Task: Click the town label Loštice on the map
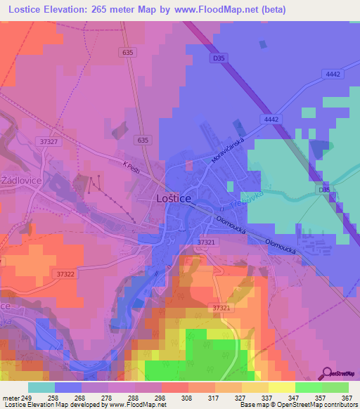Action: (x=172, y=200)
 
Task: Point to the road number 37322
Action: (x=65, y=274)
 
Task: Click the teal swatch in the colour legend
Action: (x=41, y=387)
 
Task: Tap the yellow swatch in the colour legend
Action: (x=281, y=387)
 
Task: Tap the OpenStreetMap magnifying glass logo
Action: (x=328, y=373)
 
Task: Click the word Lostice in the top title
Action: (x=23, y=9)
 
